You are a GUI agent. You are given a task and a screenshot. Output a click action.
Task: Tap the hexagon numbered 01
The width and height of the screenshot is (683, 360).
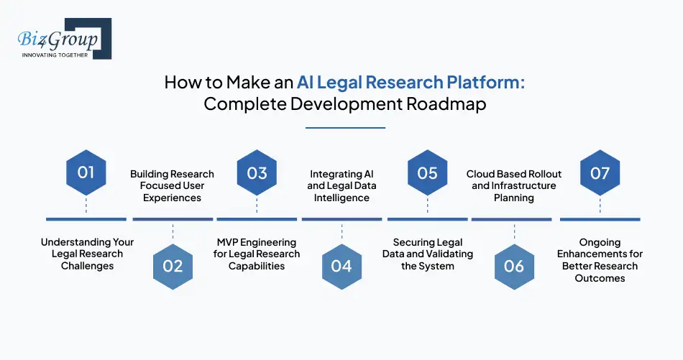tap(86, 172)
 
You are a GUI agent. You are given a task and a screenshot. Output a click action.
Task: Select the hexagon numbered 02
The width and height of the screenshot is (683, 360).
tap(173, 266)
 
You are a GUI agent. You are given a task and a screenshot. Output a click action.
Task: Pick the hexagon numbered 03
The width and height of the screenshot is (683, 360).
tap(257, 172)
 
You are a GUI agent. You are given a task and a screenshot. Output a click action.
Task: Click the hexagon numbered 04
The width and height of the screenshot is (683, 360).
tap(341, 266)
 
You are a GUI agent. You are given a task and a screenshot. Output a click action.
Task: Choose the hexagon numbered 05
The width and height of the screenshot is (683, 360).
tap(427, 172)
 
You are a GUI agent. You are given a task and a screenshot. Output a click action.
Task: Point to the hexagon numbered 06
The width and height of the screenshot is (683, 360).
tap(513, 266)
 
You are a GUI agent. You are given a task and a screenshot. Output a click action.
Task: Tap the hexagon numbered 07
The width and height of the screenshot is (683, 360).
tap(600, 172)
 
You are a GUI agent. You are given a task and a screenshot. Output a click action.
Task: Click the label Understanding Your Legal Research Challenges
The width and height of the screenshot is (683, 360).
tap(87, 254)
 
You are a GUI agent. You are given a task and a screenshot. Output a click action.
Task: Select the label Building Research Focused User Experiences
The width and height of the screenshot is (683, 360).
tap(172, 185)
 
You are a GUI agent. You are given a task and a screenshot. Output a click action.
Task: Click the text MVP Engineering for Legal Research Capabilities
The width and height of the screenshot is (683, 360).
tap(257, 254)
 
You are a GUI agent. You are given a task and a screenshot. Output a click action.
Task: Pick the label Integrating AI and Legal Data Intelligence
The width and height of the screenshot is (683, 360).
tap(341, 185)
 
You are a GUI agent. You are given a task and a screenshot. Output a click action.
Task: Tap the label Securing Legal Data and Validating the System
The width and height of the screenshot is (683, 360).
tap(427, 254)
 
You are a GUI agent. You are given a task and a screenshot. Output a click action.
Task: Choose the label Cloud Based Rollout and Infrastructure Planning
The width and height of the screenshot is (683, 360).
tap(513, 185)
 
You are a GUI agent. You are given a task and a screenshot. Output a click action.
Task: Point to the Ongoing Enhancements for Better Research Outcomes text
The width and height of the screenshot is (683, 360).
tap(600, 260)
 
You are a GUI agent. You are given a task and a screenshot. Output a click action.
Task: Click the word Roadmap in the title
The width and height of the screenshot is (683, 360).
tap(446, 103)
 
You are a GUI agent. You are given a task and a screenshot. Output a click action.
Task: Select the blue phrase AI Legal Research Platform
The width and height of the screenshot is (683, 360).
tap(411, 81)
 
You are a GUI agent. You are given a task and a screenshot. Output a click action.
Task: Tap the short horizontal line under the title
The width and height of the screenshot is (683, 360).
tap(345, 128)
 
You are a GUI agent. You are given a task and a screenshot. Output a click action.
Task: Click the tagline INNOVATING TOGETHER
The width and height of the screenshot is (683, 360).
tap(55, 55)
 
